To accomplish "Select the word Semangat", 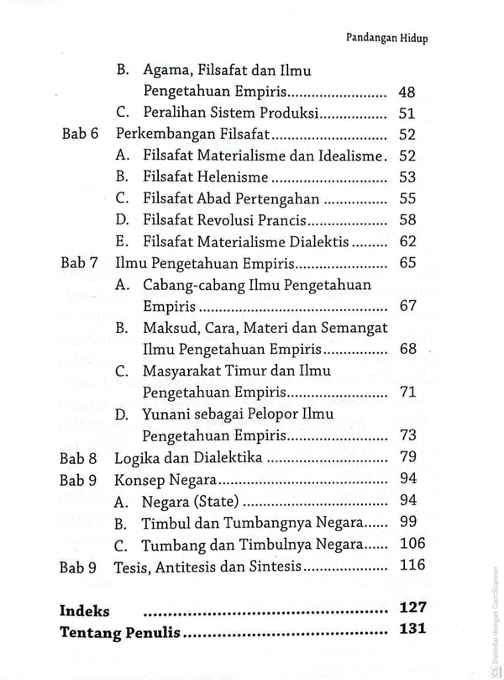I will coord(352,328).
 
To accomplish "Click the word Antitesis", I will coord(202,567).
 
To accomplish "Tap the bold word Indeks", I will coord(85,609).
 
